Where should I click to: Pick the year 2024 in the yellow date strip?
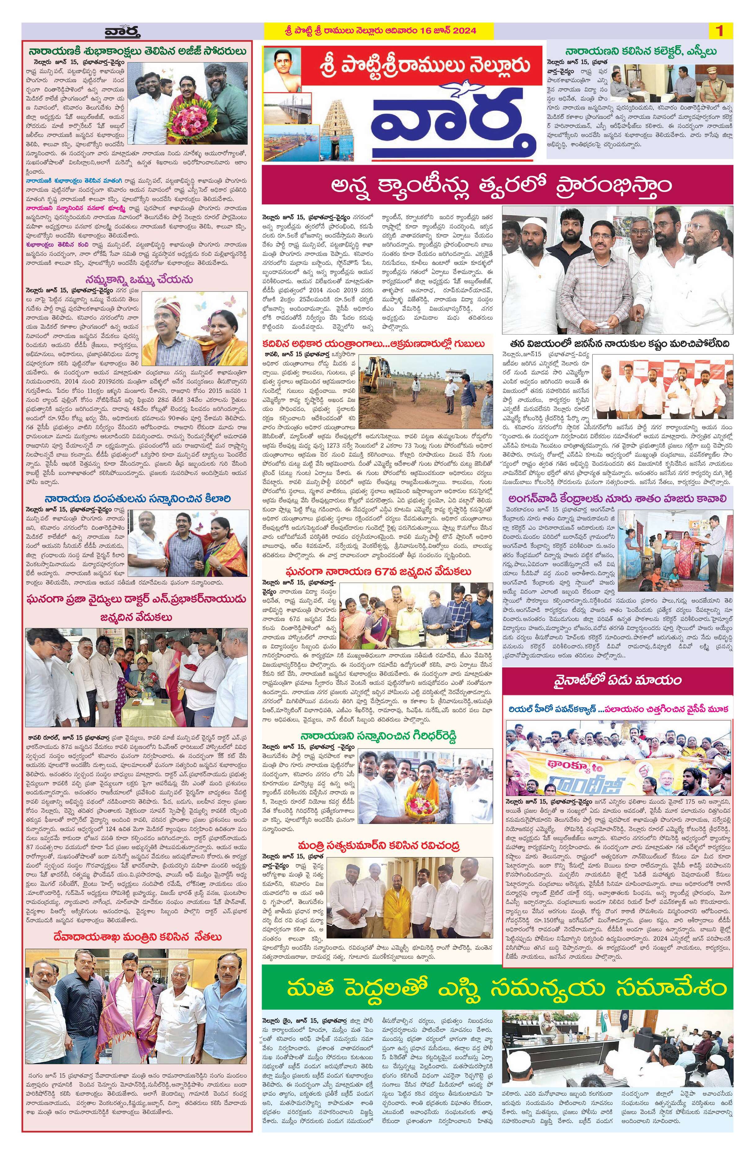(462, 31)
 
